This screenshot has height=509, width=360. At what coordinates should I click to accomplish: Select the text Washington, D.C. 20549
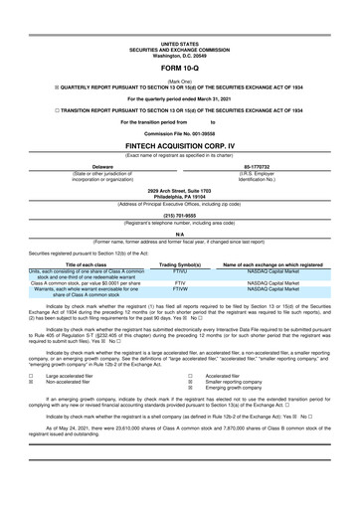(x=179, y=56)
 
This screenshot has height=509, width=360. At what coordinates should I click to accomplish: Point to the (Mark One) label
(x=179, y=80)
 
